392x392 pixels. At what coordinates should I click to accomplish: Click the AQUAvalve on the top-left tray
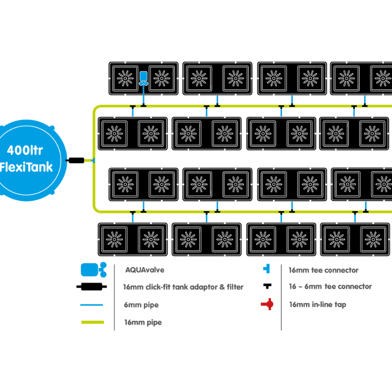point(144,78)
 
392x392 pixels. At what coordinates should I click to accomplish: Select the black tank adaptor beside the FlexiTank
point(75,160)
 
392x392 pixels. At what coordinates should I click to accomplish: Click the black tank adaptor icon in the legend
point(91,287)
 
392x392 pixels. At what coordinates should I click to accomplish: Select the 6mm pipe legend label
point(141,305)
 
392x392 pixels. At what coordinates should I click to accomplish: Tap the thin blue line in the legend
point(91,305)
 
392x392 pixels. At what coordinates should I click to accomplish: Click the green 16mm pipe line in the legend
point(91,322)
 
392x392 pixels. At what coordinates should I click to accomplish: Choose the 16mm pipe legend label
point(143,322)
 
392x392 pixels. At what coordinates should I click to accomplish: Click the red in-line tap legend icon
point(267,305)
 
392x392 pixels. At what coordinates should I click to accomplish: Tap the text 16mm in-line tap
point(317,305)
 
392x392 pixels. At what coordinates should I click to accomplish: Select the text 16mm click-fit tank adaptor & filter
point(183,287)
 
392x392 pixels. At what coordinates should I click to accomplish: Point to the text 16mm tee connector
point(323,269)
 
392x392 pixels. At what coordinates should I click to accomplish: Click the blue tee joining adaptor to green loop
point(93,160)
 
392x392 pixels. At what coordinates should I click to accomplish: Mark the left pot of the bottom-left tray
point(116,239)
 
